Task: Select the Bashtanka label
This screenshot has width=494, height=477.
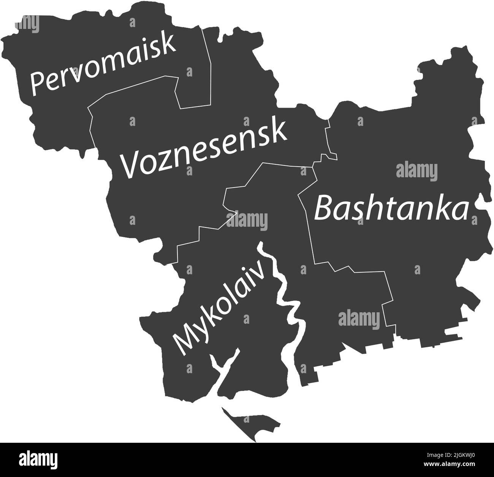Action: (x=391, y=208)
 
